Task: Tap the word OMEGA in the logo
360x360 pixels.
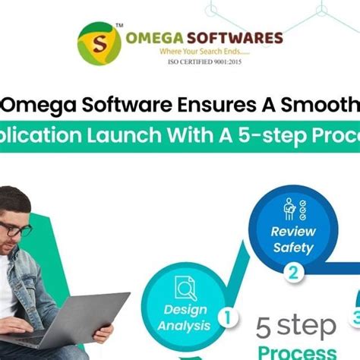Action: pos(158,38)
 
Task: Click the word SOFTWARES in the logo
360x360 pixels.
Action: pos(237,38)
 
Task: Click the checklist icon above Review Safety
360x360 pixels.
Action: pos(292,208)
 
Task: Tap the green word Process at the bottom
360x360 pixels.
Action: pos(297,352)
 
